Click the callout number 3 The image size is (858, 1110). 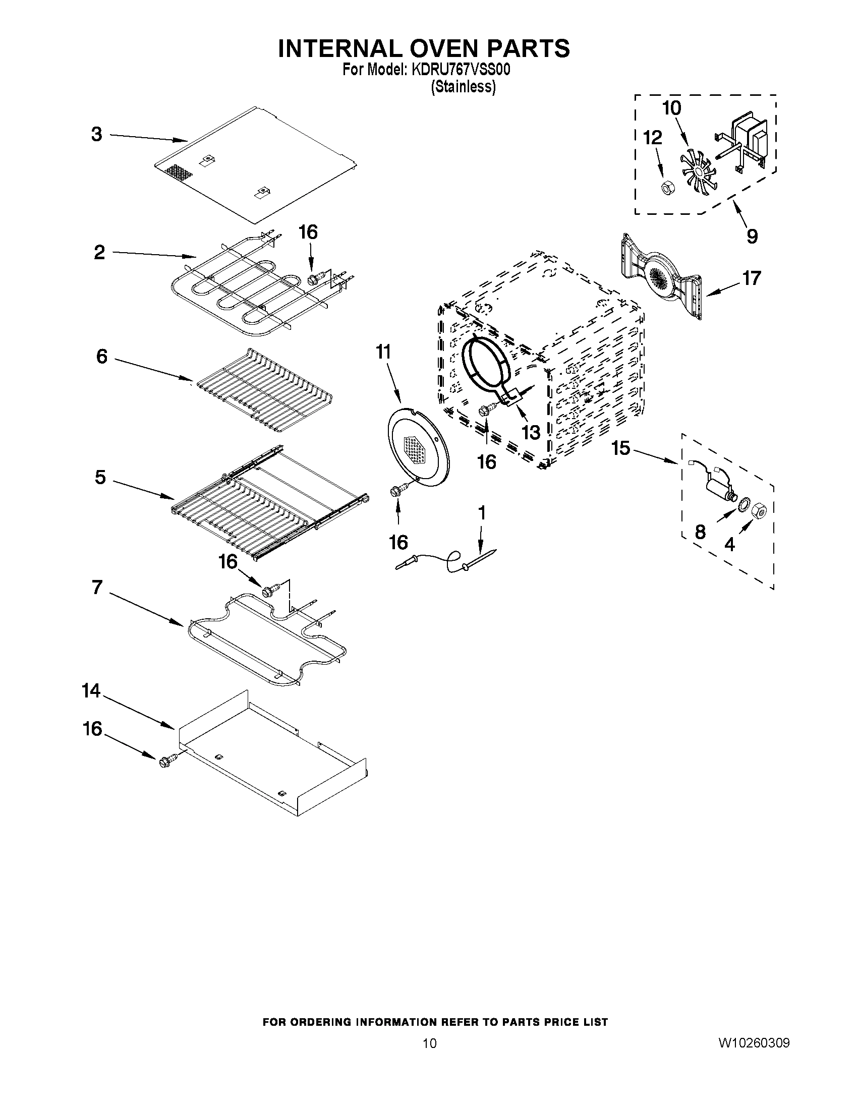click(96, 135)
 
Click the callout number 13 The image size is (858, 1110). click(531, 433)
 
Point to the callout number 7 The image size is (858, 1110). click(97, 588)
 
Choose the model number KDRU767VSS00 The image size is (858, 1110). click(461, 70)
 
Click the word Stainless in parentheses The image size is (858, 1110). click(463, 87)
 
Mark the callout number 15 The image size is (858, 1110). click(620, 448)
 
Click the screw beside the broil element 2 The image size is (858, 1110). click(314, 278)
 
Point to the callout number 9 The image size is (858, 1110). click(752, 236)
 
